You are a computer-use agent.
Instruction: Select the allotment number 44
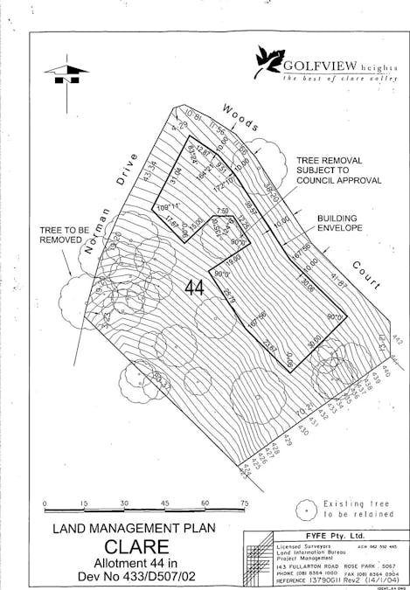point(196,287)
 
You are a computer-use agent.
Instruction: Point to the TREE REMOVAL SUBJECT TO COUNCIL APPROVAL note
point(338,170)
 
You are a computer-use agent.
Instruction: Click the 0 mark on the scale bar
point(45,503)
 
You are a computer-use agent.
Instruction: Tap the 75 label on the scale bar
point(244,503)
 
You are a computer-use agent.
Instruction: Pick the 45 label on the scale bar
point(164,503)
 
